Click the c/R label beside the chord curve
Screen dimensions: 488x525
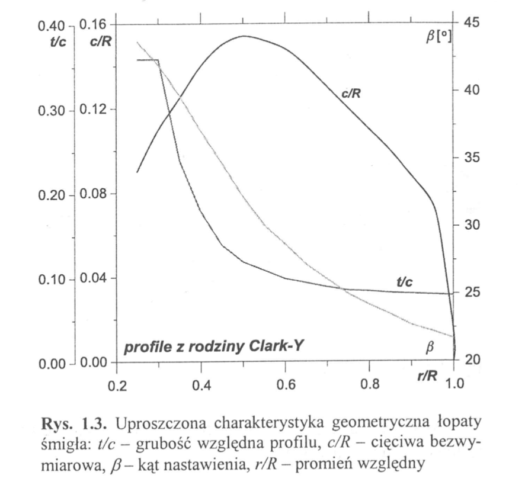pos(351,92)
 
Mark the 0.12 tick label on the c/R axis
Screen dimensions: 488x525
pos(91,110)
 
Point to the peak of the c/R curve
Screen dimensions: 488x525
pos(244,36)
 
